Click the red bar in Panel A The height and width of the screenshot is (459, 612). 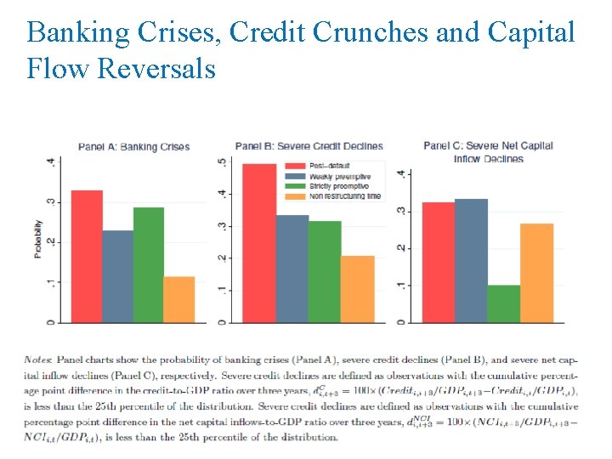click(x=87, y=256)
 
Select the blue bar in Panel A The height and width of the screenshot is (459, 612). click(x=117, y=276)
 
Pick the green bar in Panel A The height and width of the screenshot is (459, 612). click(x=148, y=264)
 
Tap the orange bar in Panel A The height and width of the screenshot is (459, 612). click(x=178, y=299)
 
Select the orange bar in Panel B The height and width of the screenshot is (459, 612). click(x=357, y=289)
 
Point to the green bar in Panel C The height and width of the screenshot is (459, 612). click(x=504, y=303)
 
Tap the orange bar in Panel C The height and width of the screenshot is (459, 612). click(x=536, y=273)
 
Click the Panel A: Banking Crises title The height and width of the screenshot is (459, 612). click(x=133, y=147)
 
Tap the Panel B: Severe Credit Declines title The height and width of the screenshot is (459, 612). click(x=309, y=146)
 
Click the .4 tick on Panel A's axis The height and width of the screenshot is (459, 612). click(x=53, y=162)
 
